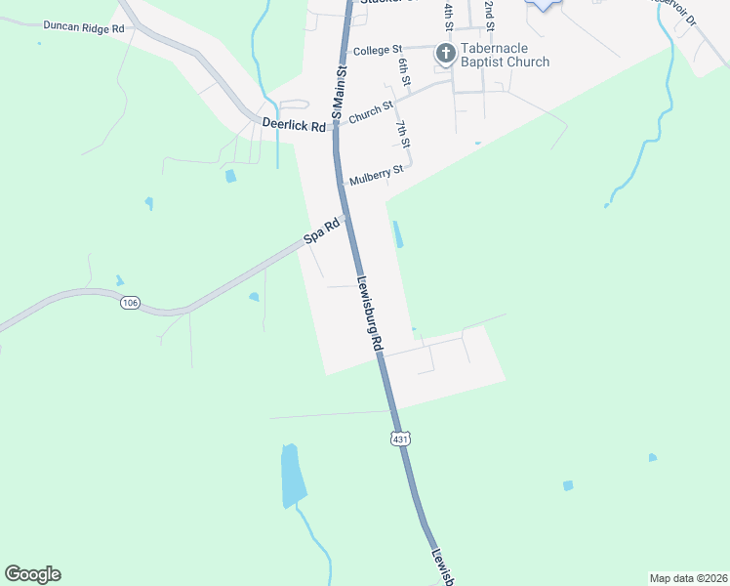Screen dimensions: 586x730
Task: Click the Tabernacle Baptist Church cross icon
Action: coord(445,53)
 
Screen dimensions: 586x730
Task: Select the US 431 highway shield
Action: coord(400,439)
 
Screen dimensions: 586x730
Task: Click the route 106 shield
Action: coord(130,304)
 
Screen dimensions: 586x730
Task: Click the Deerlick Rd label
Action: coord(294,124)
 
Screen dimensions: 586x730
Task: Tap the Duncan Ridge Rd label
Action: coord(83,28)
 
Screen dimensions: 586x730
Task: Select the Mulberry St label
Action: coord(375,177)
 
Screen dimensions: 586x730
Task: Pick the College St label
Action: coord(378,50)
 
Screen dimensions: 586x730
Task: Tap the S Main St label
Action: coord(340,93)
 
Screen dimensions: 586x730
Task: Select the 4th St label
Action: coord(448,14)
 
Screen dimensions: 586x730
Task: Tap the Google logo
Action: coord(32,574)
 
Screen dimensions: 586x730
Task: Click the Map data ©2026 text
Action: coord(688,577)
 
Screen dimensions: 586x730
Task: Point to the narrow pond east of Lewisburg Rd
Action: coord(398,234)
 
